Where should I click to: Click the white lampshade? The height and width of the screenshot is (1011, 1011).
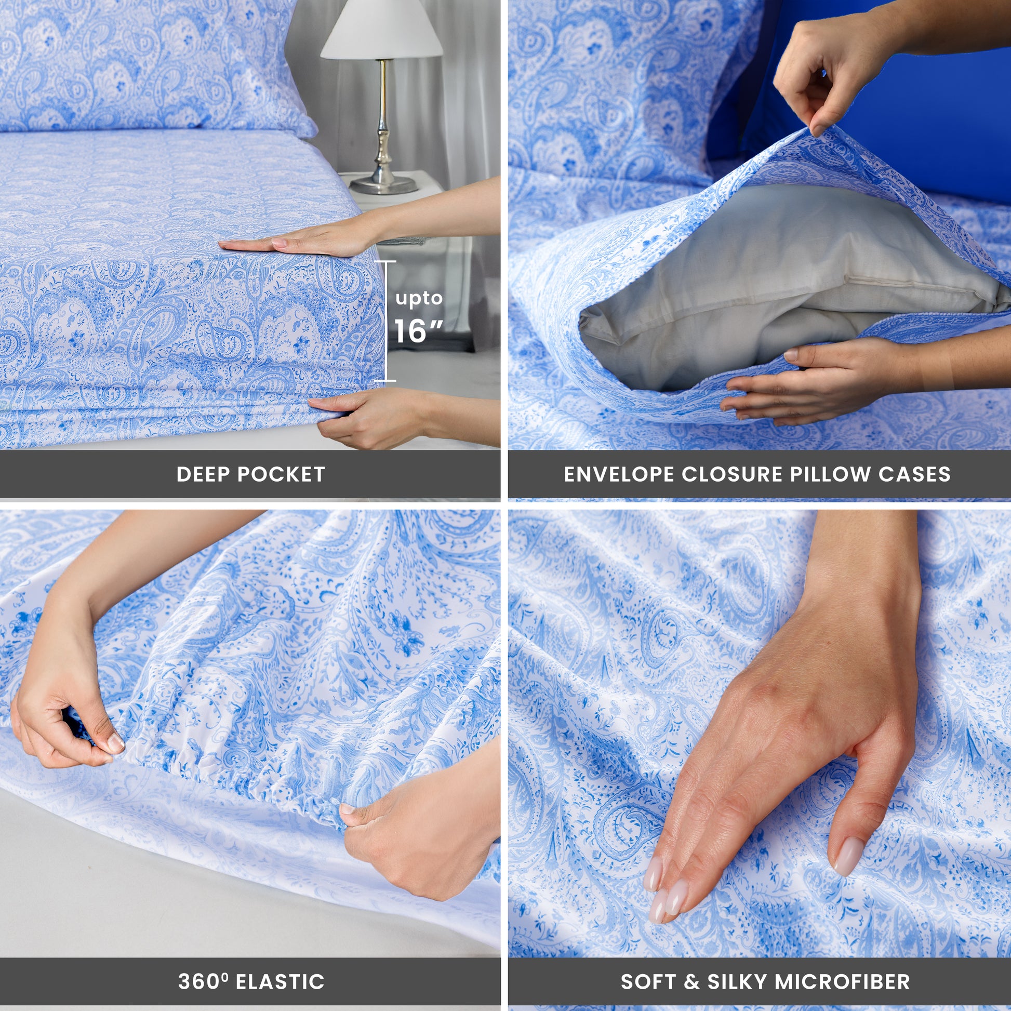[381, 29]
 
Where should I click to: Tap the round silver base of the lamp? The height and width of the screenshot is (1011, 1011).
[383, 185]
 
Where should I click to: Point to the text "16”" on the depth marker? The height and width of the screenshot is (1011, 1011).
[419, 331]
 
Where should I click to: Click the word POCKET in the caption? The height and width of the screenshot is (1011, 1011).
[281, 474]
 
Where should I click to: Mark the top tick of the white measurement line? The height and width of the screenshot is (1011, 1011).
[387, 261]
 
